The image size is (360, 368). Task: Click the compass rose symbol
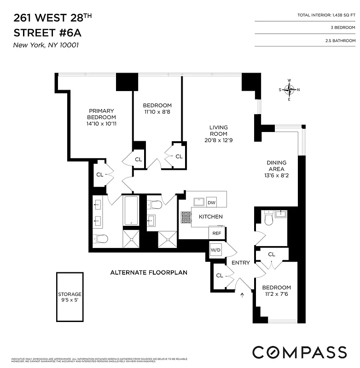point(289,90)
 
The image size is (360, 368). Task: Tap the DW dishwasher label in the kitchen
point(211,202)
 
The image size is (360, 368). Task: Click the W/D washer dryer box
point(215,250)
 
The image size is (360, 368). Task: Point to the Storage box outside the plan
point(70,297)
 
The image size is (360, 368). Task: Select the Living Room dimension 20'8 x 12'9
point(219,140)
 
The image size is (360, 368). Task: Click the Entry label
point(240,263)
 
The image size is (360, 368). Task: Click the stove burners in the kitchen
point(186,217)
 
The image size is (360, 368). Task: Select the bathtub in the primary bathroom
point(131,211)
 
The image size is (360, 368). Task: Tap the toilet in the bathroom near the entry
point(269,219)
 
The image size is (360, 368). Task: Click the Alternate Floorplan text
point(149,272)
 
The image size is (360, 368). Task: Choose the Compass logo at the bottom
point(299,352)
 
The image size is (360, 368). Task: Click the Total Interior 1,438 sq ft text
point(326,16)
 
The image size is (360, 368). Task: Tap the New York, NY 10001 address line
point(43,45)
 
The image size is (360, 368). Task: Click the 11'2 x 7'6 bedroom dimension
point(277,294)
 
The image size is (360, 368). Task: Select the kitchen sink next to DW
point(199,201)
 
